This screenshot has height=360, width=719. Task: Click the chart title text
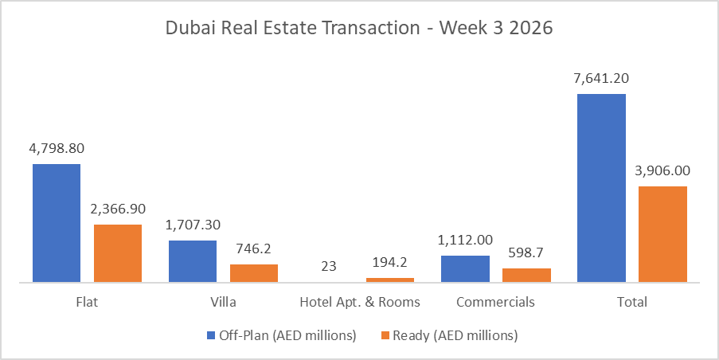pyautogui.click(x=358, y=28)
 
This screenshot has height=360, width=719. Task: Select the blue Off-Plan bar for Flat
pyautogui.click(x=57, y=223)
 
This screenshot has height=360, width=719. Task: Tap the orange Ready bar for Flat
pyautogui.click(x=118, y=253)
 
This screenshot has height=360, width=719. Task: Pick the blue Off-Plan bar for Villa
pyautogui.click(x=193, y=261)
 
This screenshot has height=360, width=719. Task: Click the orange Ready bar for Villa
pyautogui.click(x=254, y=273)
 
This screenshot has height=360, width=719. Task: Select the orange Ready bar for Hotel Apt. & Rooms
pyautogui.click(x=390, y=280)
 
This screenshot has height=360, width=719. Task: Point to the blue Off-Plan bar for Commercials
pyautogui.click(x=465, y=268)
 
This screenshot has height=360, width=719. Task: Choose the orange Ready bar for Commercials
pyautogui.click(x=526, y=275)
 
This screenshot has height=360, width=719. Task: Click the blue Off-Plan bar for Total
pyautogui.click(x=601, y=188)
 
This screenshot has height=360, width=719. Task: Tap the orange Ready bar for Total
pyautogui.click(x=662, y=234)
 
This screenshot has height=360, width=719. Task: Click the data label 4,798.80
pyautogui.click(x=57, y=148)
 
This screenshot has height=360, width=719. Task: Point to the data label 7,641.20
pyautogui.click(x=601, y=78)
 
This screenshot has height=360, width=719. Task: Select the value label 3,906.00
pyautogui.click(x=662, y=170)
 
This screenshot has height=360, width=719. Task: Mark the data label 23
pyautogui.click(x=329, y=266)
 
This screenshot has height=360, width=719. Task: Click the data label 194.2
pyautogui.click(x=390, y=262)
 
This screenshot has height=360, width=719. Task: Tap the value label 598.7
pyautogui.click(x=526, y=252)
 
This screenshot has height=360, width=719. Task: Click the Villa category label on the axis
pyautogui.click(x=224, y=303)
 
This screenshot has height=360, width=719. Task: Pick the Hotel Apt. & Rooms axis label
pyautogui.click(x=360, y=303)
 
